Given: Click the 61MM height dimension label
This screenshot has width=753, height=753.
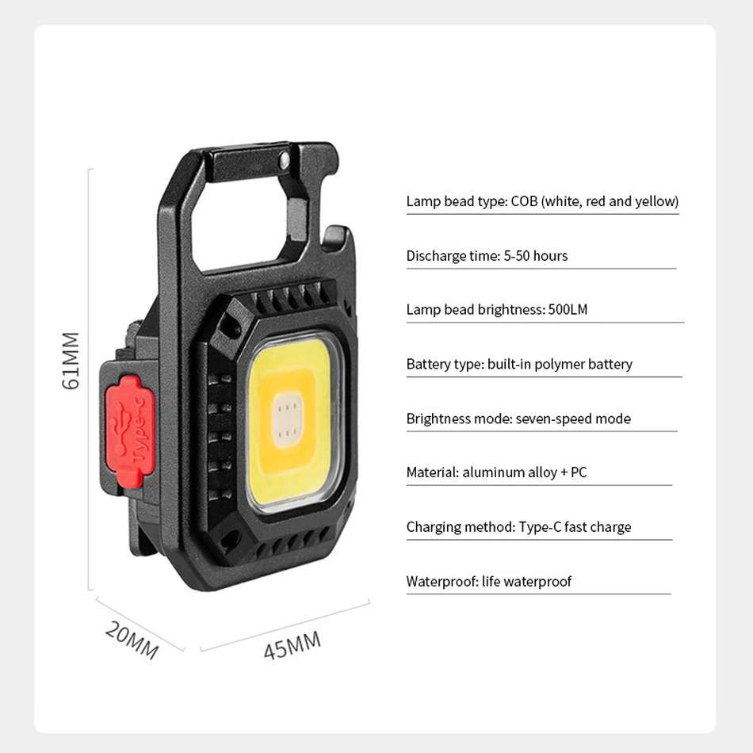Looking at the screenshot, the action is [x=71, y=361].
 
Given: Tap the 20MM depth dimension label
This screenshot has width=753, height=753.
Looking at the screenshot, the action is [x=132, y=640].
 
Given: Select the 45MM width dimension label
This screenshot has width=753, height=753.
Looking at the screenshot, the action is [x=292, y=645].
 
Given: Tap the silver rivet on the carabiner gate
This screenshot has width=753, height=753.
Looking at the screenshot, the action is [x=285, y=160].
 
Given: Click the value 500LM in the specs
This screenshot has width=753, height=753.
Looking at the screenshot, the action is [x=568, y=309].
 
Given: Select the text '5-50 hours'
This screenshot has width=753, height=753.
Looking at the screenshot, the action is [x=536, y=255].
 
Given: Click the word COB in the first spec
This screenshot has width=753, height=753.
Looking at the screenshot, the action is [x=524, y=201].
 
